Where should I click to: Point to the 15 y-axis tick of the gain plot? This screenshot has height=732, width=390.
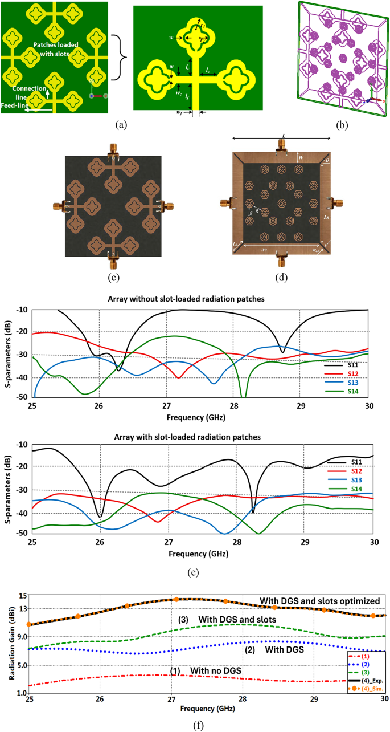[23, 596]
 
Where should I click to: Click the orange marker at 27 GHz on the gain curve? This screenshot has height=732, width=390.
[176, 599]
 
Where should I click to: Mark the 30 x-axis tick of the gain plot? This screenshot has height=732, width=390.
[385, 701]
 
